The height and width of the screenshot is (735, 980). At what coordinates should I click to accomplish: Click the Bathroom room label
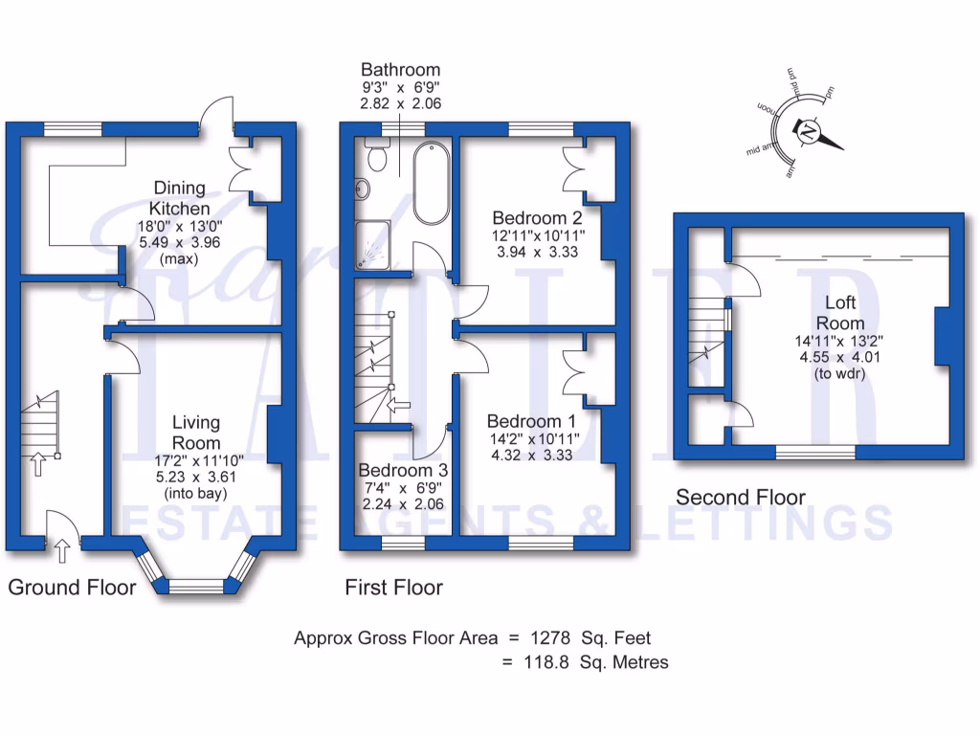400,70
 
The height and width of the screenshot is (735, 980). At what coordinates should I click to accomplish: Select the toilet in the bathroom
375,156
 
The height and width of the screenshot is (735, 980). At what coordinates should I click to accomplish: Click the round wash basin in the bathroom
363,189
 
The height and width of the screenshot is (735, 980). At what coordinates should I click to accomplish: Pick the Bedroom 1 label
531,421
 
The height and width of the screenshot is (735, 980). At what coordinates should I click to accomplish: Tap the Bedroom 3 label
402,471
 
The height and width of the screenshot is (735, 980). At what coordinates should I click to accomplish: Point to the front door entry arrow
63,550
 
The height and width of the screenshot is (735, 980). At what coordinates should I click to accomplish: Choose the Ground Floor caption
72,587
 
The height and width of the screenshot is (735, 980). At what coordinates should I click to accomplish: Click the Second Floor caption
741,497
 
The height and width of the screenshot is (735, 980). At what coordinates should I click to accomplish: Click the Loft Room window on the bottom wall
814,452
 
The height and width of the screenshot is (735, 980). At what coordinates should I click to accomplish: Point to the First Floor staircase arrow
400,406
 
